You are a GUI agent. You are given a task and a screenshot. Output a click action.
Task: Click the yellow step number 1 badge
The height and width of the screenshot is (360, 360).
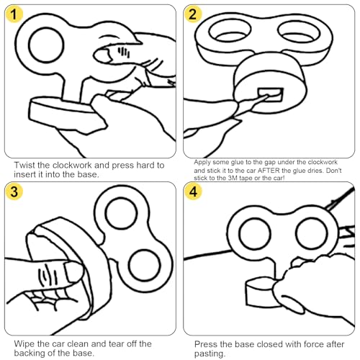tap(14, 14)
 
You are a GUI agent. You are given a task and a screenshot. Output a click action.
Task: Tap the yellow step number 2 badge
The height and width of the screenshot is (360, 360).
tap(193, 14)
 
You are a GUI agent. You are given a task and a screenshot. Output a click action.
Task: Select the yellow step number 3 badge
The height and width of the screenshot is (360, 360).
tap(14, 192)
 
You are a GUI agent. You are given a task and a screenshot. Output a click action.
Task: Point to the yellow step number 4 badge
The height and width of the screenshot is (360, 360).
tap(193, 192)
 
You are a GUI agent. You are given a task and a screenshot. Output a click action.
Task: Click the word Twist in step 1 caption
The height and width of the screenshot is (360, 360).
tap(24, 165)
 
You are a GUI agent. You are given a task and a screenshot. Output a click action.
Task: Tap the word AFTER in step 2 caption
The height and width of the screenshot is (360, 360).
tap(269, 171)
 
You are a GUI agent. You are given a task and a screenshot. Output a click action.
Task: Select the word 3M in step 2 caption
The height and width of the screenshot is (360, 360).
tap(233, 178)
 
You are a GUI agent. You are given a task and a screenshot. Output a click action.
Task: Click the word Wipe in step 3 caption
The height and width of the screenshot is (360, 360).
tap(23, 343)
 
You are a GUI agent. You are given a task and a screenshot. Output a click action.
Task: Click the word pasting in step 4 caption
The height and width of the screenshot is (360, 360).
tap(209, 354)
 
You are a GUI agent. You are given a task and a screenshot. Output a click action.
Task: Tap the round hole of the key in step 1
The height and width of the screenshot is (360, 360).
tap(46, 45)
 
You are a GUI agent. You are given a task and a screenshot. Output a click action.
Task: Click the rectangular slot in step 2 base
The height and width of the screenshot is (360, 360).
tap(271, 95)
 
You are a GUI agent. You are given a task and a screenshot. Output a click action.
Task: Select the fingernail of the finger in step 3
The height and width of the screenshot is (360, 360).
tap(73, 271)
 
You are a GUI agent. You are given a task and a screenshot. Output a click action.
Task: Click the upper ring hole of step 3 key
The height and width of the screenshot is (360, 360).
tap(122, 213)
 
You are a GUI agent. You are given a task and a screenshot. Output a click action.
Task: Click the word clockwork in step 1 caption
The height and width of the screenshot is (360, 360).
tap(72, 165)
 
